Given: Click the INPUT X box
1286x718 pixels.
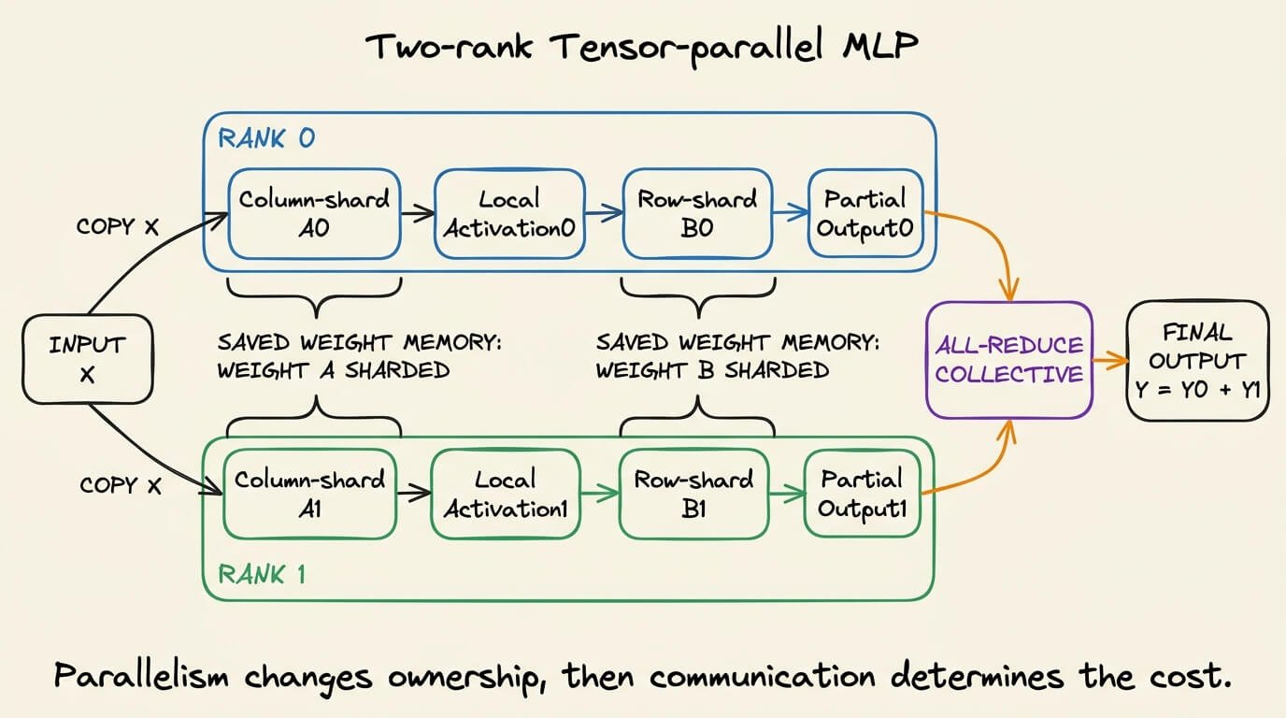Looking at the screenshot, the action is coord(87,359).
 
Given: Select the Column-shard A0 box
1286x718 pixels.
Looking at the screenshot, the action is coord(314,214).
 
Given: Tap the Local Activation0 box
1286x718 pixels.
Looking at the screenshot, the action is coord(509,214).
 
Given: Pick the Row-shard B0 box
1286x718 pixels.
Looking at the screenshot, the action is coord(697,214).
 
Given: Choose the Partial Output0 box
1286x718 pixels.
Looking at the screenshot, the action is coord(865,213).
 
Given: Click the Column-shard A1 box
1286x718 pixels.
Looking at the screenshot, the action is coord(310,494).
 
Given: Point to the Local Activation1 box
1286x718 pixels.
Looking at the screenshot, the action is coord(506,494).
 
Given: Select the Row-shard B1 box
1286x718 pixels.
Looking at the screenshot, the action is coord(693,494).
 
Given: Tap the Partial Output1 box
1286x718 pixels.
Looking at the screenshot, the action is coord(863,494).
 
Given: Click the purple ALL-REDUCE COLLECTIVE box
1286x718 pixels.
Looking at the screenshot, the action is coord(1009,360).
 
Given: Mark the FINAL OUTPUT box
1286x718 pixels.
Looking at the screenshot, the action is coord(1197,361).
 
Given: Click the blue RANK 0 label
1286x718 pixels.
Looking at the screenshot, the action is coord(266,138).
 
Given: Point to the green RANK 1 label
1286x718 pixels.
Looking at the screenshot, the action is coord(262,574).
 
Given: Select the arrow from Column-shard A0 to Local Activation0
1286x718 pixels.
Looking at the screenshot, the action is coord(418,214).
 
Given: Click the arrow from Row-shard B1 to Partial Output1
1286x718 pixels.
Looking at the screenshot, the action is coord(787,494).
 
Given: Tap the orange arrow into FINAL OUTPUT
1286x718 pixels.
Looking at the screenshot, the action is coord(1110,361).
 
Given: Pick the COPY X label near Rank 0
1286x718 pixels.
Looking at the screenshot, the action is coord(117,226).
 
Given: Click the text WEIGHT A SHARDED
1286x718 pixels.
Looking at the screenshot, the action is coord(333,370).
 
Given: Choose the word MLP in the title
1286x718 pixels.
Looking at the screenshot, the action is coord(880,45).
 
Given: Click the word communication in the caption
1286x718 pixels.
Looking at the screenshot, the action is coord(763,676).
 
